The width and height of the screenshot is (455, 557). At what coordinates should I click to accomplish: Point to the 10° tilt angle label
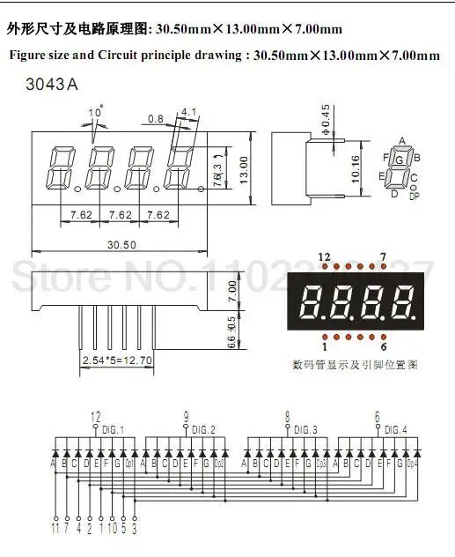95,112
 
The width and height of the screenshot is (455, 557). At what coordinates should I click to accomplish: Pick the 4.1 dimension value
187,112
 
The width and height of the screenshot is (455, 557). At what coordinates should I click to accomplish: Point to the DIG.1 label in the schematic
115,429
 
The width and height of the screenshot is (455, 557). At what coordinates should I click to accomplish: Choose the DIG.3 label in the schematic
307,429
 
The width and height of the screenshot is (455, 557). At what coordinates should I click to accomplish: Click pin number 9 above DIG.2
186,416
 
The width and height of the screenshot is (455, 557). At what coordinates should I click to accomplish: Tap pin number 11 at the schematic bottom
56,531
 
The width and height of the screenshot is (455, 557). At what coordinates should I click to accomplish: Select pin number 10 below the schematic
111,531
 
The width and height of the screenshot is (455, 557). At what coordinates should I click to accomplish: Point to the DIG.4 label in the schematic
397,429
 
